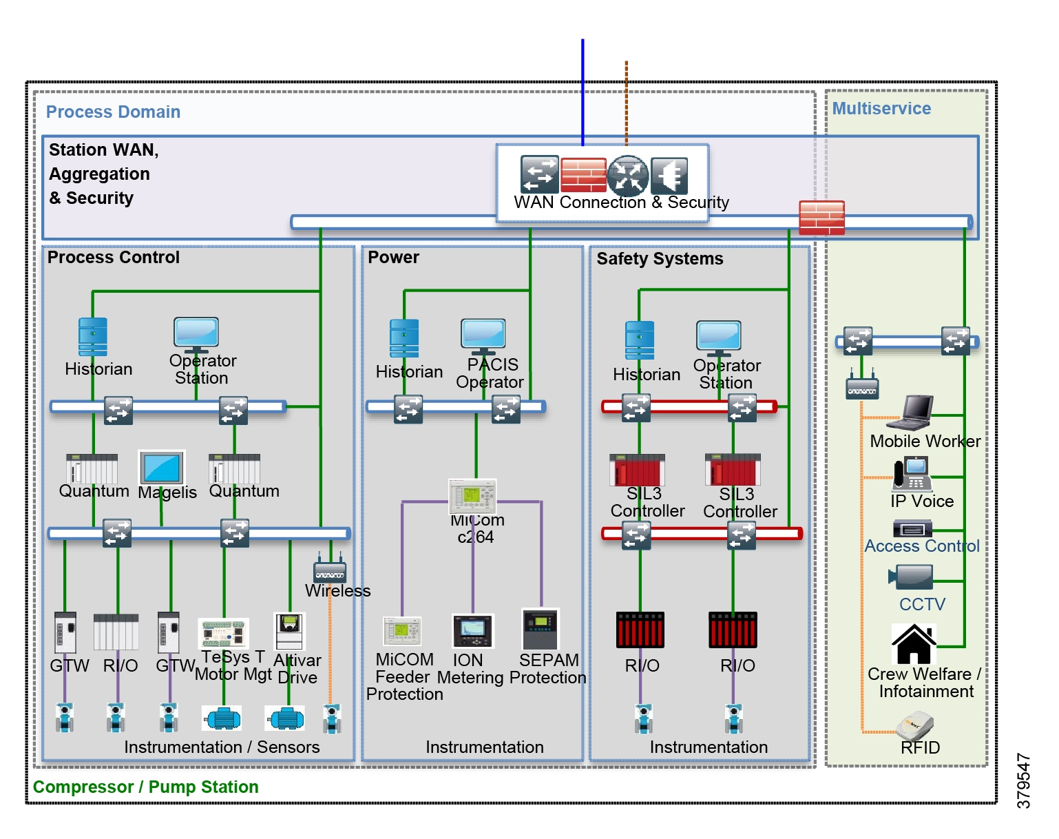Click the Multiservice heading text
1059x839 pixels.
pyautogui.click(x=881, y=109)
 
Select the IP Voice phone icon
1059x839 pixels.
pyautogui.click(x=912, y=474)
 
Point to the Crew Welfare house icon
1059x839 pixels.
pyautogui.click(x=914, y=644)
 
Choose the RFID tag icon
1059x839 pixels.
pyautogui.click(x=916, y=724)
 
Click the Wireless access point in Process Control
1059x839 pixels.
pyautogui.click(x=330, y=570)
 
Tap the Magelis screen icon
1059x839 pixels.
pyautogui.click(x=162, y=468)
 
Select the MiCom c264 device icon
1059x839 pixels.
pyautogui.click(x=472, y=496)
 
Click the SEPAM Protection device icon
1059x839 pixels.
pyautogui.click(x=541, y=629)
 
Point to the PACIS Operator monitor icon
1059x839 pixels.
pyautogui.click(x=483, y=335)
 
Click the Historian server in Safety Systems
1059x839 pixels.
pyautogui.click(x=640, y=340)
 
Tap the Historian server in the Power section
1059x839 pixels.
pyautogui.click(x=404, y=338)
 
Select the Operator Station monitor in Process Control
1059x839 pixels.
pyautogui.click(x=196, y=333)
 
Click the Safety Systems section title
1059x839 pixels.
pyautogui.click(x=660, y=259)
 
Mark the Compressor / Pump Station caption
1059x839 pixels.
pyautogui.click(x=146, y=787)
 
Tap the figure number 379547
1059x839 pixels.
pyautogui.click(x=1024, y=780)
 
